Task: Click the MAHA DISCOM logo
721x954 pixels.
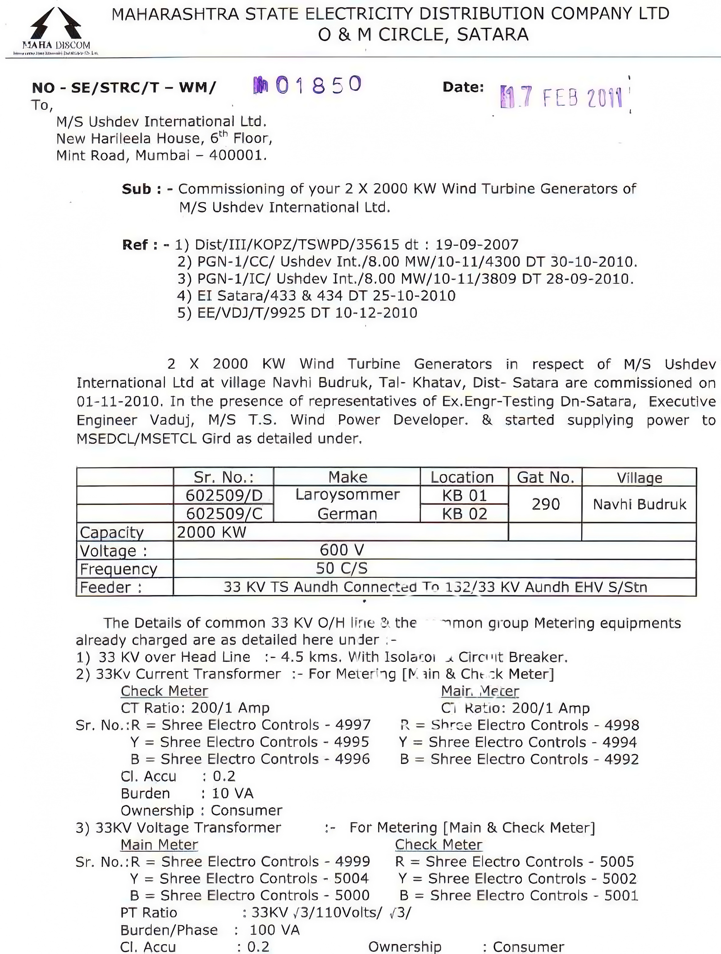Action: pyautogui.click(x=56, y=30)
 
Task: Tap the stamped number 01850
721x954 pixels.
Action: pyautogui.click(x=308, y=85)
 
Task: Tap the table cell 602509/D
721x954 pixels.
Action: pyautogui.click(x=224, y=495)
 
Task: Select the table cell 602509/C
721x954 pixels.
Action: pyautogui.click(x=224, y=513)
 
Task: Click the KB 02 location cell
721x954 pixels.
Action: pyautogui.click(x=464, y=513)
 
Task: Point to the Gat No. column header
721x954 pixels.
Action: pyautogui.click(x=545, y=477)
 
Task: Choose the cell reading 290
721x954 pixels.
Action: pyautogui.click(x=545, y=504)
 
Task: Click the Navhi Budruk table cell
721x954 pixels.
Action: pyautogui.click(x=639, y=504)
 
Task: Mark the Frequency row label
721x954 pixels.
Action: pyautogui.click(x=119, y=569)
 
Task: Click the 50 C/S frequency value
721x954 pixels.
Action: pyautogui.click(x=342, y=568)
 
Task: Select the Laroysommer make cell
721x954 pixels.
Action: pyautogui.click(x=347, y=495)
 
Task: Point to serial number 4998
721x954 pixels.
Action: pyautogui.click(x=621, y=725)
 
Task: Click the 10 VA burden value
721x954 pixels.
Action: pyautogui.click(x=233, y=793)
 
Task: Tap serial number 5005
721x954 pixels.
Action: pyautogui.click(x=617, y=862)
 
